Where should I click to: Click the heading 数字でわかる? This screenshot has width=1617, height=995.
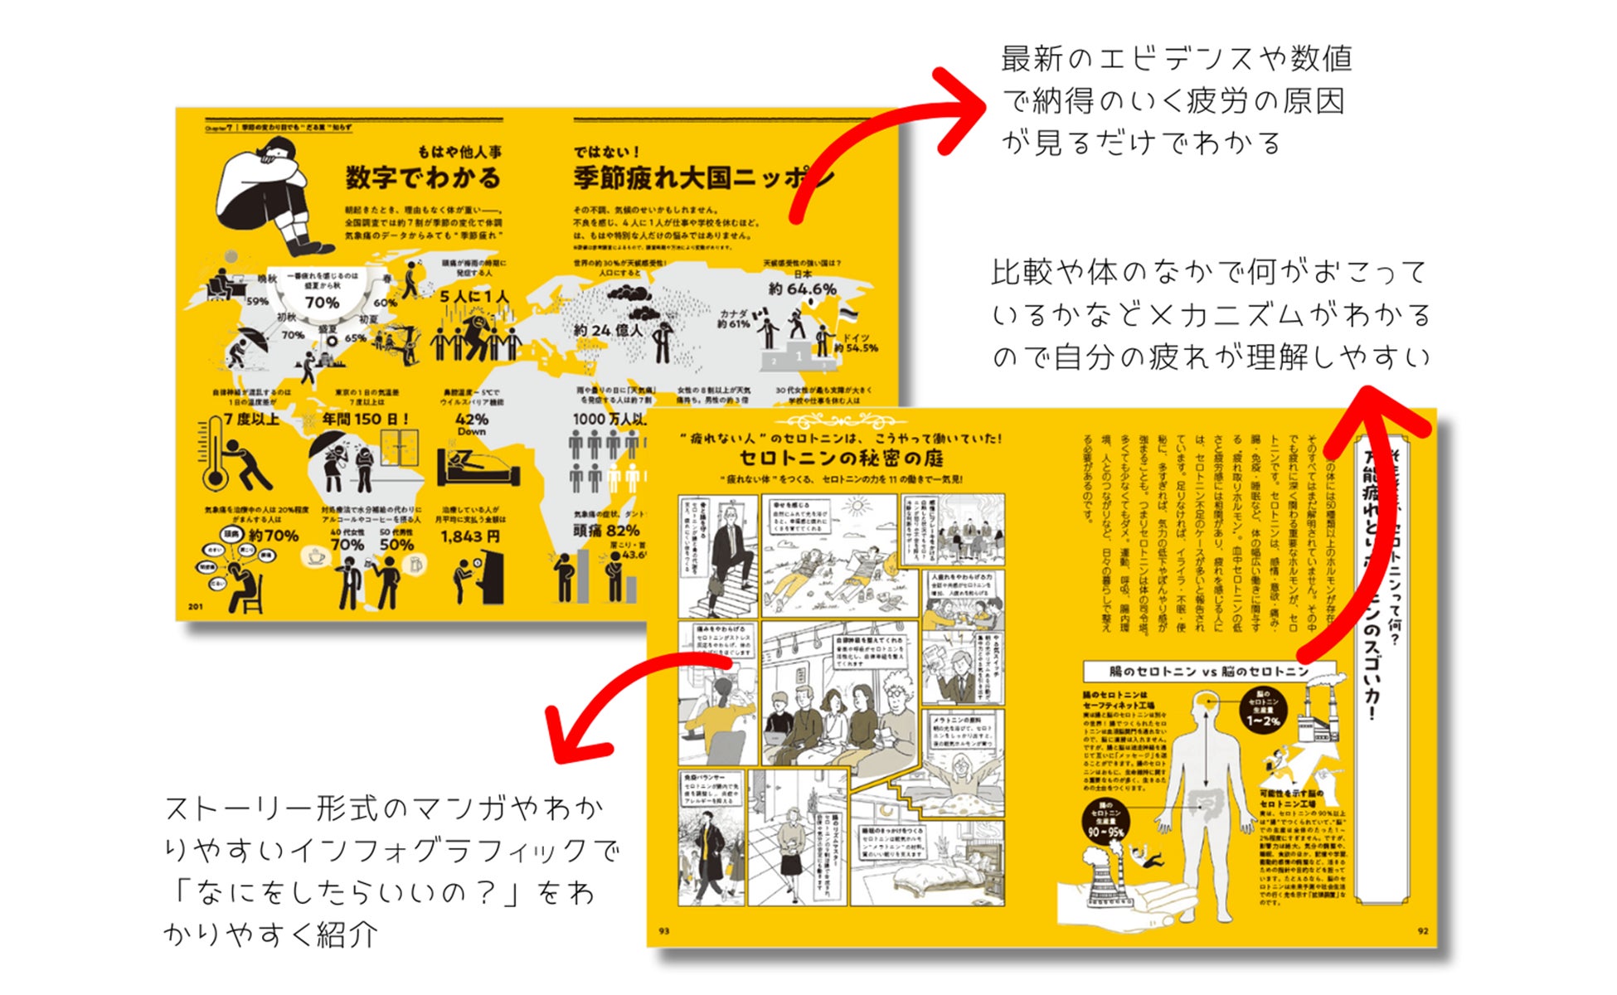click(x=423, y=177)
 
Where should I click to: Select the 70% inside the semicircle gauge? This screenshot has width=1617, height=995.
click(x=322, y=303)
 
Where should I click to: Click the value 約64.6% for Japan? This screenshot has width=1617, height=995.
click(x=802, y=289)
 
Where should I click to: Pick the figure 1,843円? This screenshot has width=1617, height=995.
click(x=470, y=536)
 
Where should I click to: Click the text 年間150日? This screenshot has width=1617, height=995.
click(x=366, y=420)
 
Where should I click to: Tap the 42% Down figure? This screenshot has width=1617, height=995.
click(x=471, y=424)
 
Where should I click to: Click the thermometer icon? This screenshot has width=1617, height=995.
click(x=214, y=454)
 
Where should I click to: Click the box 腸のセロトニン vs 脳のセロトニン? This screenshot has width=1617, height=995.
click(x=1209, y=671)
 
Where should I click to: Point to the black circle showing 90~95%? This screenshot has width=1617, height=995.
click(x=1106, y=821)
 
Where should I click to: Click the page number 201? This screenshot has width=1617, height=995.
click(x=195, y=607)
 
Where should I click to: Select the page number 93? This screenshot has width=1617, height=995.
click(x=663, y=931)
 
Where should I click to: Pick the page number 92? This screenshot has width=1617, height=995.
click(x=1422, y=931)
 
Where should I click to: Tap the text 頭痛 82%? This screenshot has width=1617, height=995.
click(x=606, y=531)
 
